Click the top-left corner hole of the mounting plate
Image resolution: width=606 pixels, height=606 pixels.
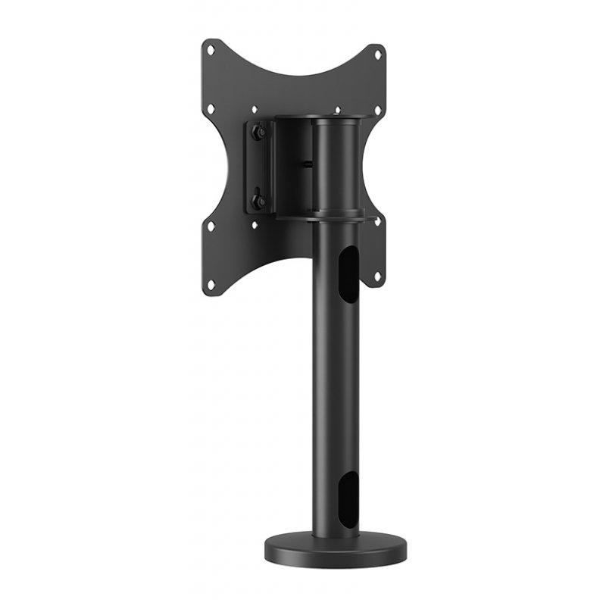coord(211,52)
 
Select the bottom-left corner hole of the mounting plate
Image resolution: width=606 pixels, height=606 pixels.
coord(211,285)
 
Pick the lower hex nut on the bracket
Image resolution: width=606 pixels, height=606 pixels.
coord(258,201)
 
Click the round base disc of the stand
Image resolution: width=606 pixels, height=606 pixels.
coord(335,547)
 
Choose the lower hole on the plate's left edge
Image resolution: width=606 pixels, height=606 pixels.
coord(211,226)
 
